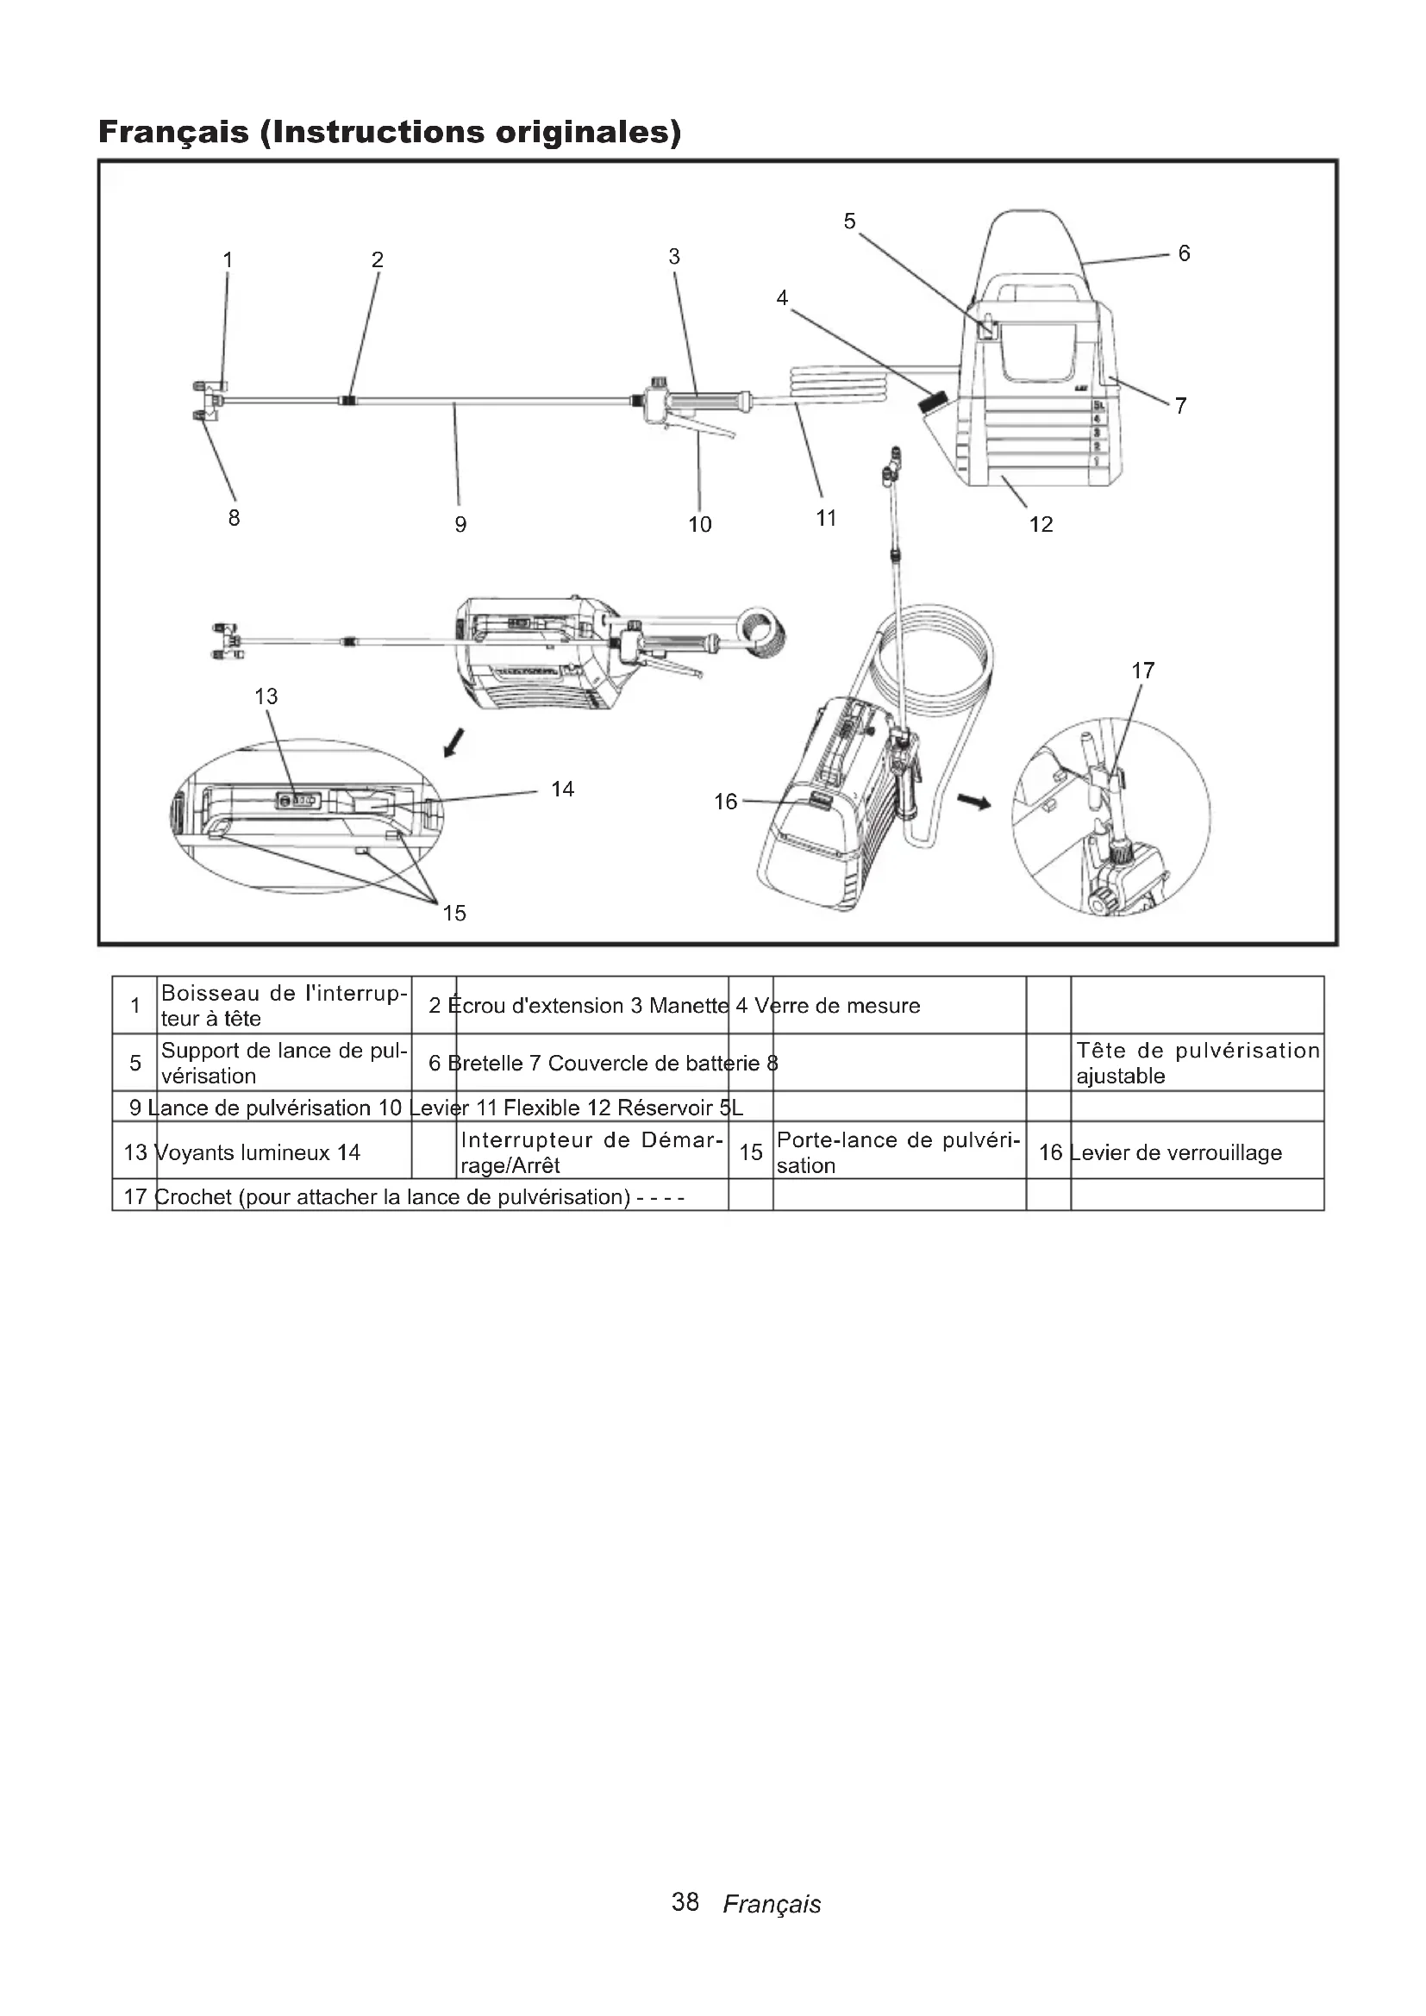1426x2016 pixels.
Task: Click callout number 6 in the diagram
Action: [x=1184, y=253]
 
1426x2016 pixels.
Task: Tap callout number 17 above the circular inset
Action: [x=1142, y=671]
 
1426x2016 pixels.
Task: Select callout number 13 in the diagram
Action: [x=266, y=696]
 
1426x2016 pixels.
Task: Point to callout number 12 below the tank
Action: [x=1041, y=524]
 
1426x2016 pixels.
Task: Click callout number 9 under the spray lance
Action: [x=460, y=524]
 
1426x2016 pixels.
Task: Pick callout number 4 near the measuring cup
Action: [x=781, y=298]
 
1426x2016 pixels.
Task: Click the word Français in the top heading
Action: [x=173, y=132]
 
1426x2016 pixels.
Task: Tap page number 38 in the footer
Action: [x=685, y=1902]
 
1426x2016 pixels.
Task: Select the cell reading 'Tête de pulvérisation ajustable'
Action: [x=1197, y=1063]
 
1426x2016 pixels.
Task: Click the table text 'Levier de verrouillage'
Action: [x=1177, y=1152]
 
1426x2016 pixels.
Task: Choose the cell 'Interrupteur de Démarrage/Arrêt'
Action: [x=591, y=1152]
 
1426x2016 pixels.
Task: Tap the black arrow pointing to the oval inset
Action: [x=453, y=744]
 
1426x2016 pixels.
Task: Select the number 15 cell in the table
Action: [x=751, y=1152]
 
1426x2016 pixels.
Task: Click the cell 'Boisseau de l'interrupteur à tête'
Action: [x=284, y=1005]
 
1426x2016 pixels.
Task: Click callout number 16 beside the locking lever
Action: [x=725, y=802]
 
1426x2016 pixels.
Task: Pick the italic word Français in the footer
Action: [x=771, y=1904]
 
